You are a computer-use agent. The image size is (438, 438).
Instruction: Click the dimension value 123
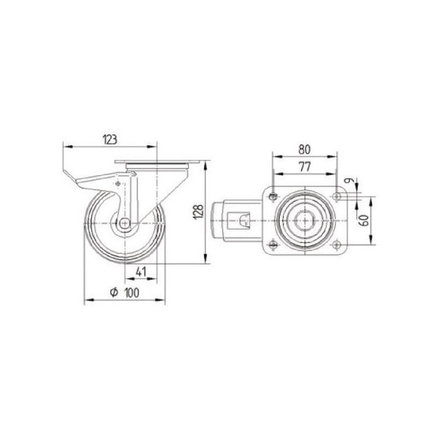pyautogui.click(x=110, y=140)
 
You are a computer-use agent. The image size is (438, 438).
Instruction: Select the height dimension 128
pyautogui.click(x=199, y=212)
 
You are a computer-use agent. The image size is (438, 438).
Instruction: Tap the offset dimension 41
pyautogui.click(x=141, y=272)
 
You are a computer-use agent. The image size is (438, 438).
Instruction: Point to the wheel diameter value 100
pyautogui.click(x=131, y=293)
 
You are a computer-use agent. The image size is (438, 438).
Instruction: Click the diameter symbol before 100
pyautogui.click(x=114, y=292)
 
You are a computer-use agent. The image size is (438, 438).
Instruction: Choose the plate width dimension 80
pyautogui.click(x=304, y=149)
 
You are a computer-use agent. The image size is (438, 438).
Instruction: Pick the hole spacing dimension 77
pyautogui.click(x=305, y=167)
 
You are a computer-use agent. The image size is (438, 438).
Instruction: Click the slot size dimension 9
pyautogui.click(x=348, y=181)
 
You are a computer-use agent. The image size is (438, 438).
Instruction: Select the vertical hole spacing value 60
pyautogui.click(x=365, y=221)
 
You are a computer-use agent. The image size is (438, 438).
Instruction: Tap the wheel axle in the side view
pyautogui.click(x=125, y=223)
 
